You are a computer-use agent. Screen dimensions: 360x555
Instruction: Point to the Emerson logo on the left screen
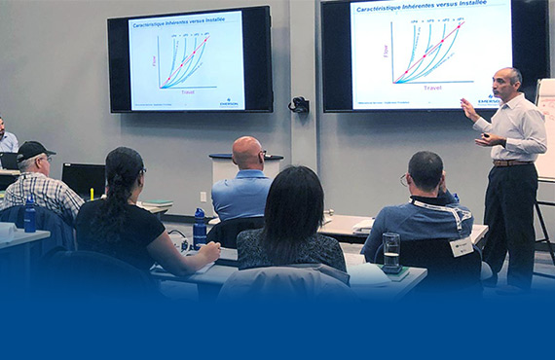[x=230, y=100]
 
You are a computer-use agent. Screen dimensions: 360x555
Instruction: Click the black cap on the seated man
[x=34, y=151]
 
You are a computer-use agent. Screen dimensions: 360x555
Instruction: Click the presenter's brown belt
[x=510, y=162]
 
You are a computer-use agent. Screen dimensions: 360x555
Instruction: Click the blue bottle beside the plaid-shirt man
[x=30, y=214]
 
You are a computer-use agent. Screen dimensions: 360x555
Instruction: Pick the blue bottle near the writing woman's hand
[x=200, y=228]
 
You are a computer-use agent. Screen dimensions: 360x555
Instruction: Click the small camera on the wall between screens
[x=298, y=104]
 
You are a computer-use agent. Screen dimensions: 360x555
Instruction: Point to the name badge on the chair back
[x=461, y=246]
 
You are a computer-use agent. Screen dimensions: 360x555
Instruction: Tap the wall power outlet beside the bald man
[x=203, y=196]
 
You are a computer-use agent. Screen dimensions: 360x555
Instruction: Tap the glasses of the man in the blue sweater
[x=403, y=179]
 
